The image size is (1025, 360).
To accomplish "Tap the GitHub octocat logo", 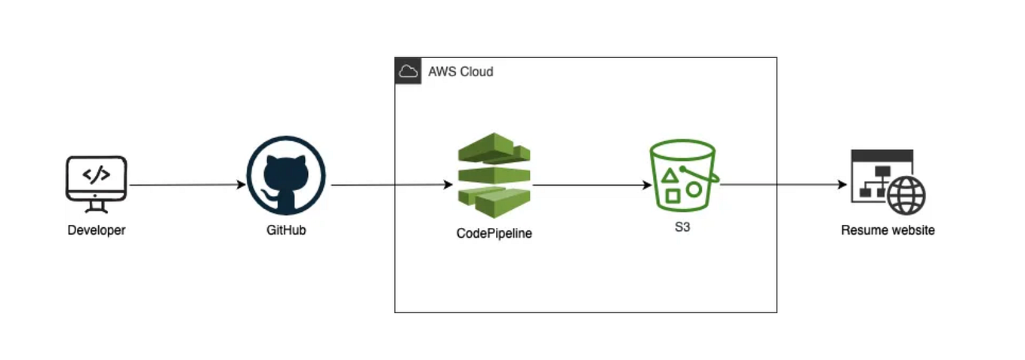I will (x=286, y=175).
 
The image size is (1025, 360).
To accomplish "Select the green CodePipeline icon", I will (x=494, y=175).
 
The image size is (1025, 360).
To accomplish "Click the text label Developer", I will (x=96, y=230).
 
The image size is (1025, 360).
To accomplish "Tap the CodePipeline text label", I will (x=494, y=233).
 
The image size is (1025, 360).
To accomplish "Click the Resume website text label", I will (x=888, y=230).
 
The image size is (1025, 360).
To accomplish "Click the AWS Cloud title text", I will (x=460, y=72).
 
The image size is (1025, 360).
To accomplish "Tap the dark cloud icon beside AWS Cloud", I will (x=408, y=72).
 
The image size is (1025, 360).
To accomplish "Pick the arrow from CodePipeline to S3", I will (x=593, y=185).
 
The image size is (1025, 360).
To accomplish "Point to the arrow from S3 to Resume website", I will (x=781, y=185).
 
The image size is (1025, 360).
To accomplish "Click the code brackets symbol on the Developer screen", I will (x=96, y=175).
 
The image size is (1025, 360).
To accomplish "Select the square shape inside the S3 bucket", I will (x=673, y=195).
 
